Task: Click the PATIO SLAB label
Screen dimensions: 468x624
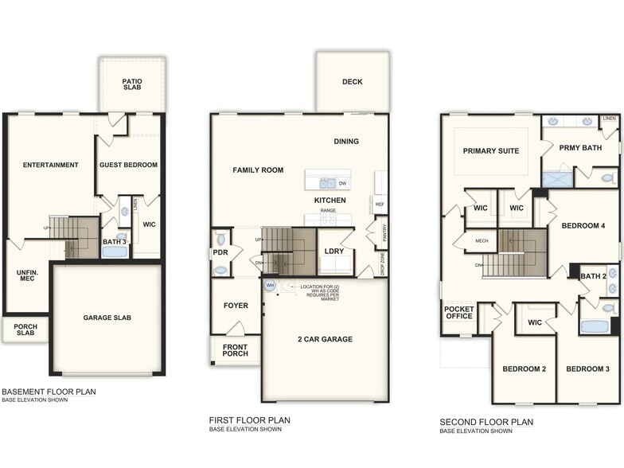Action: click(132, 84)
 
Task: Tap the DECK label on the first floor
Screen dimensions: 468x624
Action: click(352, 82)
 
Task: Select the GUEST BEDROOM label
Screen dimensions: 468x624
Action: click(128, 166)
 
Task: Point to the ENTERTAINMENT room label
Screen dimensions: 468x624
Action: click(50, 166)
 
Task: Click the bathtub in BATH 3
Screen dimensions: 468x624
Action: click(115, 252)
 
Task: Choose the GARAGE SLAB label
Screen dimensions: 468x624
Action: click(107, 318)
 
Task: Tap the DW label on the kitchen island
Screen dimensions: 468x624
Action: click(342, 183)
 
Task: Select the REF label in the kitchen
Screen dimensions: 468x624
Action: click(380, 205)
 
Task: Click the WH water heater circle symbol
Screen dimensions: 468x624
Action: click(270, 284)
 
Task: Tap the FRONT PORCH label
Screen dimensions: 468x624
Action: click(235, 350)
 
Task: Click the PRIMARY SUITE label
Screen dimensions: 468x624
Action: click(491, 150)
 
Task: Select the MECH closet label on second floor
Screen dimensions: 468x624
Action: click(482, 240)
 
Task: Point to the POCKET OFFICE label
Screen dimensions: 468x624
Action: click(459, 313)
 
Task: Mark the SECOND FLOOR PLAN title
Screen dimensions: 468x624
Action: click(486, 422)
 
